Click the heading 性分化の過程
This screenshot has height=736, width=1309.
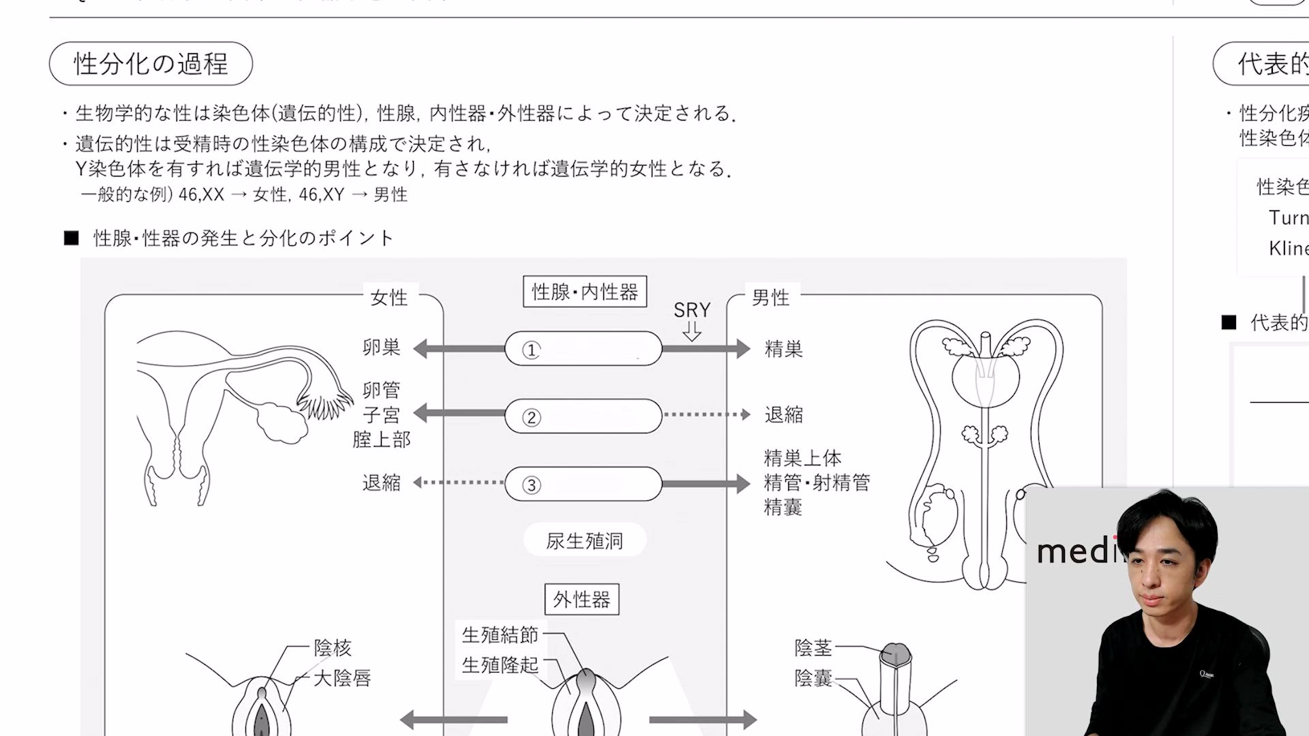(x=151, y=64)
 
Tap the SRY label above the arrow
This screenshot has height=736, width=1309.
(x=692, y=310)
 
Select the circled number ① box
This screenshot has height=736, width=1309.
(x=583, y=349)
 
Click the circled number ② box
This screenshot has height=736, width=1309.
(x=583, y=416)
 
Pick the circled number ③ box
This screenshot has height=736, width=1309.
(x=583, y=484)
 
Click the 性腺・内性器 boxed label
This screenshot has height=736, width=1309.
(x=584, y=292)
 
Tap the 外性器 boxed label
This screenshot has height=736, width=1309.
(x=582, y=600)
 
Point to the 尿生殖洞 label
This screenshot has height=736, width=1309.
(x=584, y=540)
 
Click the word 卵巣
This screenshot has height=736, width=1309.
(x=381, y=348)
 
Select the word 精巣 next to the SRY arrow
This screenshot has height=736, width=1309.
(x=783, y=349)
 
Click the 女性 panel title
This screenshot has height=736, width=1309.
(x=389, y=297)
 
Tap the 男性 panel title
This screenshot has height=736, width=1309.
(x=770, y=297)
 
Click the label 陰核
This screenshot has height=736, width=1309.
(x=333, y=647)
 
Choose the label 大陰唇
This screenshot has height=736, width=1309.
(x=342, y=678)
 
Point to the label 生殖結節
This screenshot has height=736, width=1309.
(x=500, y=635)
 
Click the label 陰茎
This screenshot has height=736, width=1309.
(x=813, y=647)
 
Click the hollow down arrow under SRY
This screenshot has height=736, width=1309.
(x=692, y=332)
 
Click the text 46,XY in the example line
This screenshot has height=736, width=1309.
(x=321, y=195)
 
